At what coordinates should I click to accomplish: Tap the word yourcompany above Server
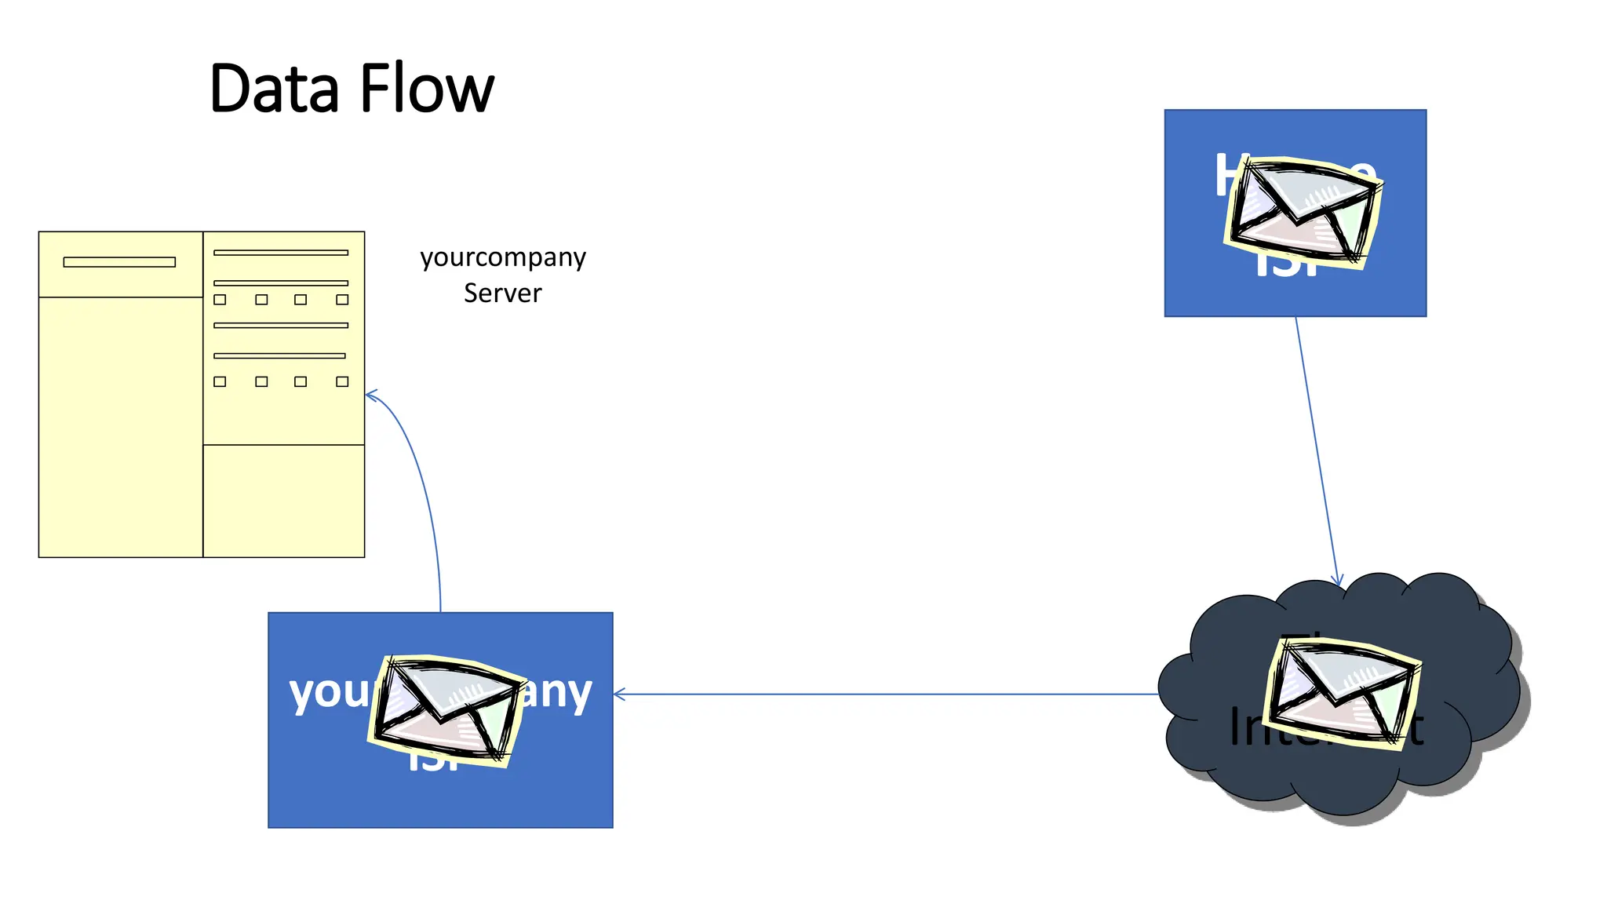point(502,257)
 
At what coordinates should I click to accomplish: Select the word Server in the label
point(502,293)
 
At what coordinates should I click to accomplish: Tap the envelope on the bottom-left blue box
point(446,709)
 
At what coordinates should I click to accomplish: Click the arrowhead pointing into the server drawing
point(371,395)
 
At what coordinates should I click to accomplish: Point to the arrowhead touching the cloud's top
point(1338,581)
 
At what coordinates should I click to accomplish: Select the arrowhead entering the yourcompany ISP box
point(619,694)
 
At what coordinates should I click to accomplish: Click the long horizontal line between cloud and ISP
point(887,694)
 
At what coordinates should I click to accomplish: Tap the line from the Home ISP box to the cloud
point(1317,447)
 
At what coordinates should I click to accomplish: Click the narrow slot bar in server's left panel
point(119,262)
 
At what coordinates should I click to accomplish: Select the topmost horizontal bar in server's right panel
point(280,253)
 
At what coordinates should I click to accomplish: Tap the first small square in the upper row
point(220,300)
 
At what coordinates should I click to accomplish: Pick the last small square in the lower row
point(342,381)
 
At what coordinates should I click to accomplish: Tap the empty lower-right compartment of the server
point(283,501)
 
